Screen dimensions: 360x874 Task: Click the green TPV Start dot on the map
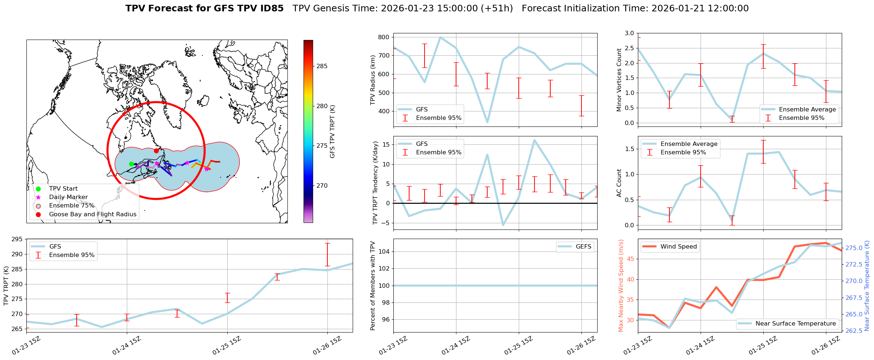[x=131, y=164]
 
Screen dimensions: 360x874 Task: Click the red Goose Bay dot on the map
[x=156, y=151]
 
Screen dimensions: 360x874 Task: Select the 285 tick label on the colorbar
[x=322, y=66]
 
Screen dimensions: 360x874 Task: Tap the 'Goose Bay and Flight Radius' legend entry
[x=92, y=214]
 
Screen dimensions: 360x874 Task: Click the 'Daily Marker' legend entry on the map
[x=68, y=197]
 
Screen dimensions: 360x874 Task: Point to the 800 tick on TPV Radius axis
[x=383, y=37]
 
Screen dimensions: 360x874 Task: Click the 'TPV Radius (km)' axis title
[x=373, y=80]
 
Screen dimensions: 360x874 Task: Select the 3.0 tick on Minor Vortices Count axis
[x=629, y=33]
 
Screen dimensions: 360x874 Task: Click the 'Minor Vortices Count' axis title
[x=619, y=80]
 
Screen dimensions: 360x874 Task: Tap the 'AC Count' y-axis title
[x=619, y=183]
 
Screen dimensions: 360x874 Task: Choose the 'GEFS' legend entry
[x=583, y=247]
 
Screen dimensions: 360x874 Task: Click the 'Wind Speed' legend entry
[x=678, y=247]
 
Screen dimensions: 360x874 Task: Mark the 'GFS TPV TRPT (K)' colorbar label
[x=333, y=131]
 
